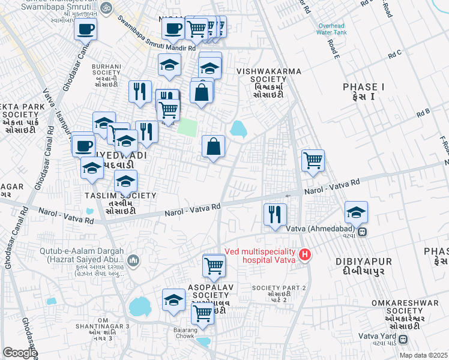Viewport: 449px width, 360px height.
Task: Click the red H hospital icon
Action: [305, 255]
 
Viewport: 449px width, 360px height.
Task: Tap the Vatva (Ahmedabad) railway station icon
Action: [362, 233]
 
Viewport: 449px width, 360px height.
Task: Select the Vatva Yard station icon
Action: [402, 340]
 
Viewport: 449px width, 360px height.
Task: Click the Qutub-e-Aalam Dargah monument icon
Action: [133, 260]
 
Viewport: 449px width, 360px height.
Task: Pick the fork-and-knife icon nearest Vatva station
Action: [275, 215]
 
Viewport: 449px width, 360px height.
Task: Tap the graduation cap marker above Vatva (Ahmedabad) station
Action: [356, 212]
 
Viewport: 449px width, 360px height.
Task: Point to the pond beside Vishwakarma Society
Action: [238, 128]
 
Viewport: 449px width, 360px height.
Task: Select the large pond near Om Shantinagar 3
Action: [140, 307]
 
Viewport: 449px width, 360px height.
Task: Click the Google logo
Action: [19, 353]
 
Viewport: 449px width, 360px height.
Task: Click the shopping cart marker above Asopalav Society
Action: [214, 265]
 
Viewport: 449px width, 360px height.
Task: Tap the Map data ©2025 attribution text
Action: [424, 355]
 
